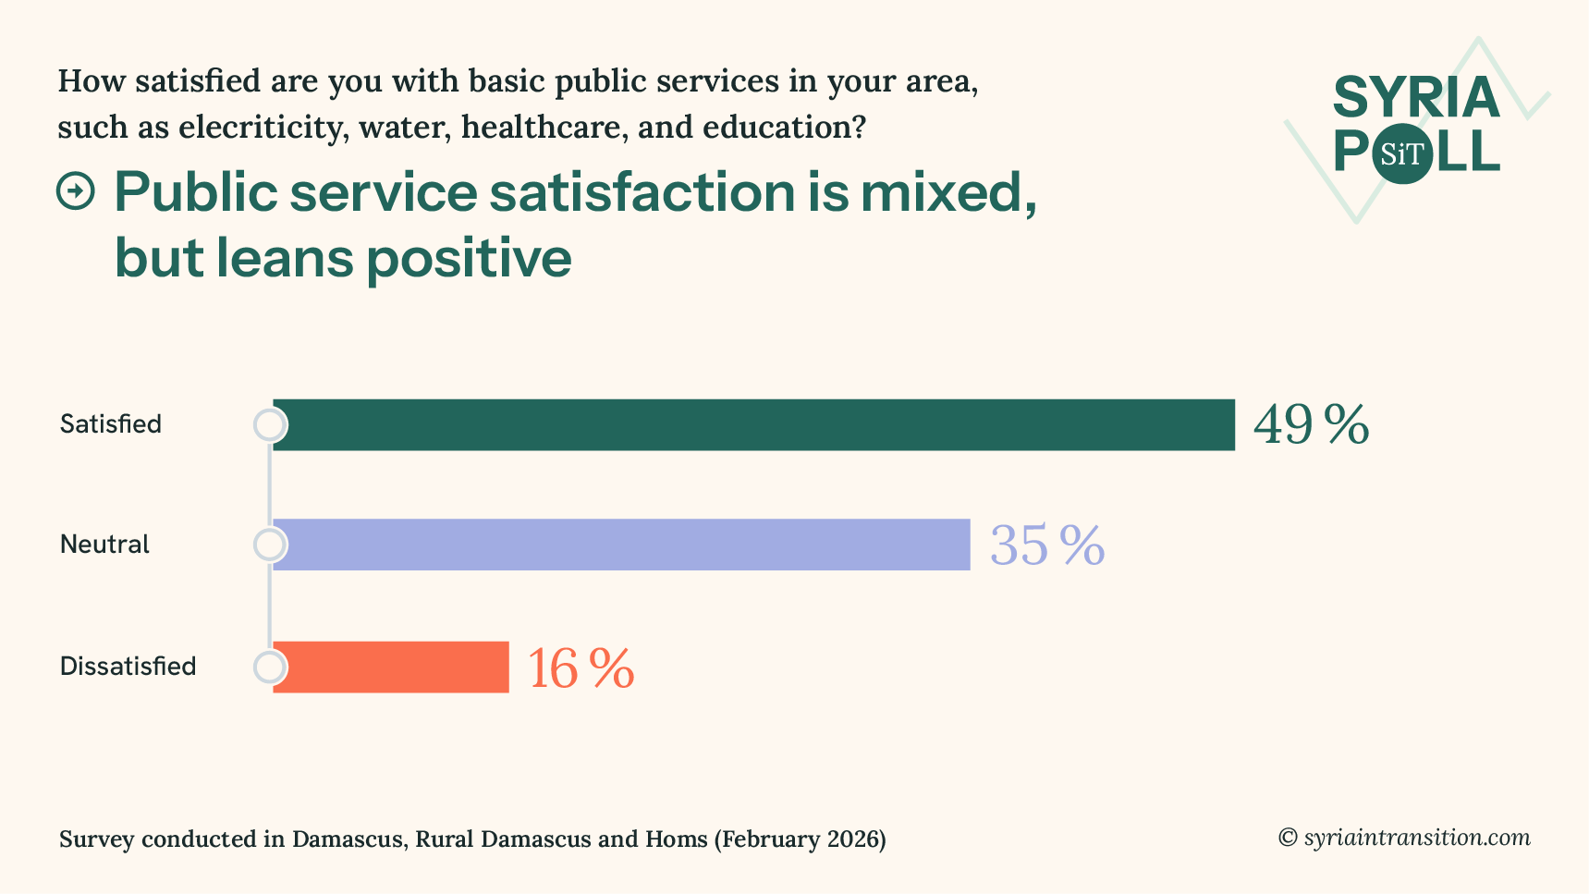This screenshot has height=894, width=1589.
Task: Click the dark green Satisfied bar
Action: click(753, 425)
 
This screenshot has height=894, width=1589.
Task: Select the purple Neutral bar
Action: click(621, 545)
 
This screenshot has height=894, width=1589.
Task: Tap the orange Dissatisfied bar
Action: click(391, 667)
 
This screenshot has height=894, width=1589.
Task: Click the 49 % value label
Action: click(1311, 425)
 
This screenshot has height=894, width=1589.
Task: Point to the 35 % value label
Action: click(1046, 545)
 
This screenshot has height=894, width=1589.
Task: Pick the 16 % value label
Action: click(581, 667)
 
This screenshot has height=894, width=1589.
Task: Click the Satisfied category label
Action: click(111, 424)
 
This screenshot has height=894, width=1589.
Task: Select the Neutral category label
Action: click(104, 545)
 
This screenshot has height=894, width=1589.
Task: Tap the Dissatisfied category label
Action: click(128, 667)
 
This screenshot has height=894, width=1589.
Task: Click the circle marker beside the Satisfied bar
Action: click(270, 425)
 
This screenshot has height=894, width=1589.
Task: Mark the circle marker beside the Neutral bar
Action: click(270, 545)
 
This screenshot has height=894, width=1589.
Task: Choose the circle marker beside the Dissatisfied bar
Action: click(270, 667)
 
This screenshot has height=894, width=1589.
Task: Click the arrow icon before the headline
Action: click(76, 191)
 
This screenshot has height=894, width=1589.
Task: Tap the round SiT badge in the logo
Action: click(1402, 153)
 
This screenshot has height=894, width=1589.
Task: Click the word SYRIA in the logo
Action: click(1416, 98)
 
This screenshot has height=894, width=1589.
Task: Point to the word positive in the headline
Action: click(469, 257)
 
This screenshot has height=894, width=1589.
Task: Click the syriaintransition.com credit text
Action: click(1416, 838)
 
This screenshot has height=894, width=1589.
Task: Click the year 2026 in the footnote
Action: click(851, 839)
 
